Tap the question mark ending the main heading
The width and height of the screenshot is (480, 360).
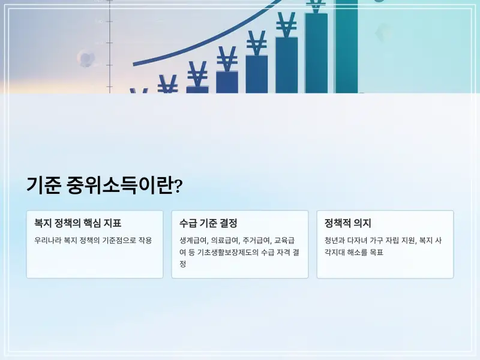178,186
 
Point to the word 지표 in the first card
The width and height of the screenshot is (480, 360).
113,223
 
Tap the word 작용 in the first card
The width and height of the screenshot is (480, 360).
145,240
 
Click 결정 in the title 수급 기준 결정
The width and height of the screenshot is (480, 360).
229,223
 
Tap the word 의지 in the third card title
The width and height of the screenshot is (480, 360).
362,223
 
